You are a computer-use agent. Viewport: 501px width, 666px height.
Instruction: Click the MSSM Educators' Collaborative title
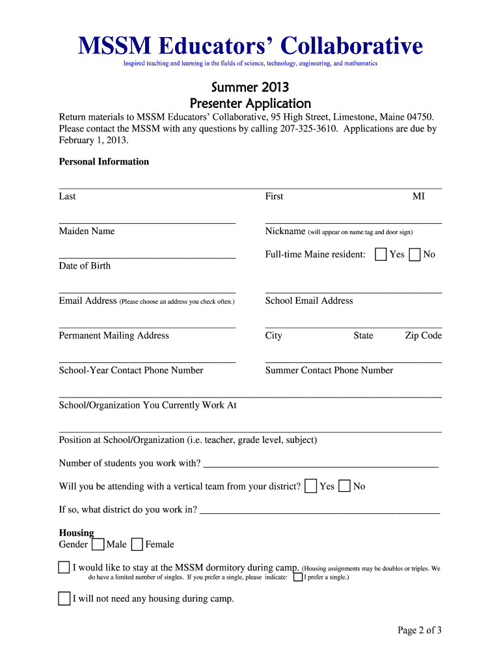click(x=251, y=46)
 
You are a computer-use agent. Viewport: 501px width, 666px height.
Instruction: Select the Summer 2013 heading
click(x=250, y=87)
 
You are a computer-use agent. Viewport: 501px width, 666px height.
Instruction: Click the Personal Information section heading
click(x=104, y=161)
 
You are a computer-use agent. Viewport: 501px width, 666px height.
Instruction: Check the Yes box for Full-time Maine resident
click(x=381, y=254)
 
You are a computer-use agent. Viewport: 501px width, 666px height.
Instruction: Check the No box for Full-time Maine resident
click(x=415, y=254)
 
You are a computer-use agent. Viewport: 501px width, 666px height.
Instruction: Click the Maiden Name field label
click(x=87, y=231)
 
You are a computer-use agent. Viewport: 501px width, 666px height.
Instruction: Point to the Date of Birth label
click(x=85, y=265)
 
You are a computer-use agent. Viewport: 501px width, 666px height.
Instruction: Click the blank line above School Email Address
click(x=353, y=290)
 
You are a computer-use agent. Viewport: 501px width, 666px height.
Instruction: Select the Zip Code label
click(x=423, y=336)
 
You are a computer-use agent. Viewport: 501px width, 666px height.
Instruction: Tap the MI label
click(x=418, y=196)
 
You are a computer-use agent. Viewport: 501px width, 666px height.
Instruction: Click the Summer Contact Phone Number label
click(x=329, y=370)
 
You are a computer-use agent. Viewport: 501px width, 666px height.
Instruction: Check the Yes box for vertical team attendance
click(x=311, y=486)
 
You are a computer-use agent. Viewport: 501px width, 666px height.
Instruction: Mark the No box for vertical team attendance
click(x=345, y=486)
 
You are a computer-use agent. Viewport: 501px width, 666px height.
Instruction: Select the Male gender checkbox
click(x=98, y=544)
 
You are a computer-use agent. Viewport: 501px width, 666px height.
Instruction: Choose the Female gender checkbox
click(x=137, y=544)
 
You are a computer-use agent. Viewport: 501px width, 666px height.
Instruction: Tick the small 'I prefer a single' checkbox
click(x=297, y=577)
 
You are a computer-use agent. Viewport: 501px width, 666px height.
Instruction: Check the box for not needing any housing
click(x=64, y=598)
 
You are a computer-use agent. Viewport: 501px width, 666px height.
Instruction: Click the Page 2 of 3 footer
click(x=420, y=630)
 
